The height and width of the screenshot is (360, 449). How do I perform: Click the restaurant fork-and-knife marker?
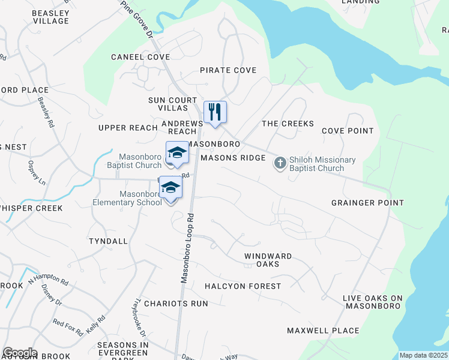coord(215,112)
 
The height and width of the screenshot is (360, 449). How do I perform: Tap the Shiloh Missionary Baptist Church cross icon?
coord(280,163)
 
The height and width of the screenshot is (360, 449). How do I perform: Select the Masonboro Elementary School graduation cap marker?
coord(170,189)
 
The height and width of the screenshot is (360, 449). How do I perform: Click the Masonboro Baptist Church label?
coord(126,161)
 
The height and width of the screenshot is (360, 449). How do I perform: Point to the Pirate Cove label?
coord(228,70)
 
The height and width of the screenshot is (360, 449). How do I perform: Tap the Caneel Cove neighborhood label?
coord(140,57)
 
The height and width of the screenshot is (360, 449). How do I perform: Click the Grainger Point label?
coord(367,203)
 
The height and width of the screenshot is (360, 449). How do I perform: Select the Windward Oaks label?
coord(268,260)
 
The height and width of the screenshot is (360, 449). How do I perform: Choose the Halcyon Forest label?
coord(243,286)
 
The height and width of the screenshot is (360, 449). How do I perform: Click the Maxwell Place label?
coord(323,331)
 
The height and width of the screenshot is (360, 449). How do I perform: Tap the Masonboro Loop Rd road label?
coord(187,247)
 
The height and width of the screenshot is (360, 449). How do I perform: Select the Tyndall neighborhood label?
coord(108,241)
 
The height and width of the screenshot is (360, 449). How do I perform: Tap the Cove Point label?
coord(348,131)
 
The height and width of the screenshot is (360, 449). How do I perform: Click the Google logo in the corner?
coord(20,353)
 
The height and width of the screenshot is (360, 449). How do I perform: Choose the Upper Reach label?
coord(128,128)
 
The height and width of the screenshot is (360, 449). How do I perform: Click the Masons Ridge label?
coord(233,158)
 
